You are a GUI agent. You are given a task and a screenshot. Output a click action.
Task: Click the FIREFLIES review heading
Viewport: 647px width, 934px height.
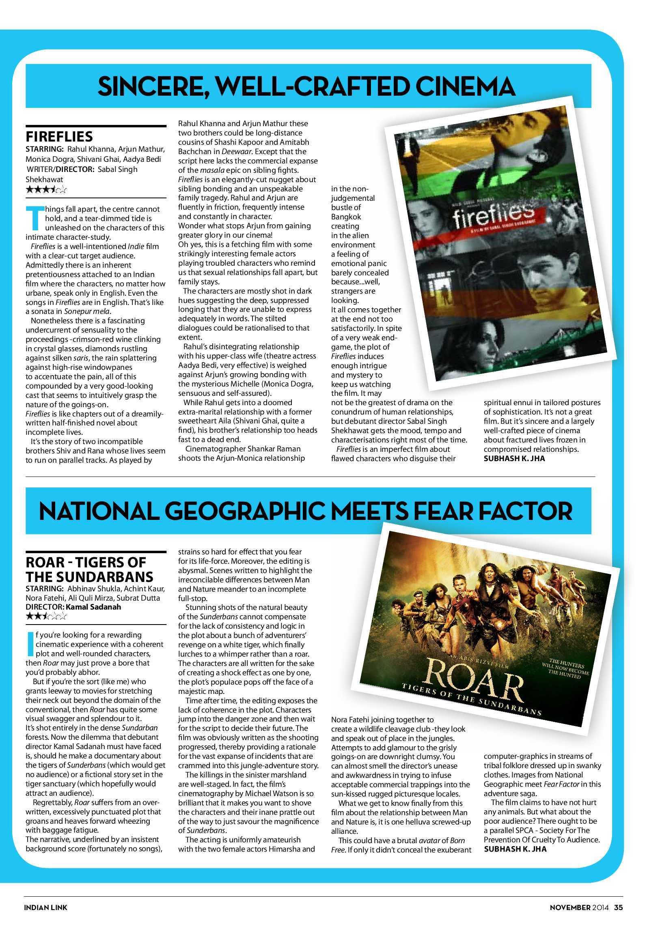[59, 136]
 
